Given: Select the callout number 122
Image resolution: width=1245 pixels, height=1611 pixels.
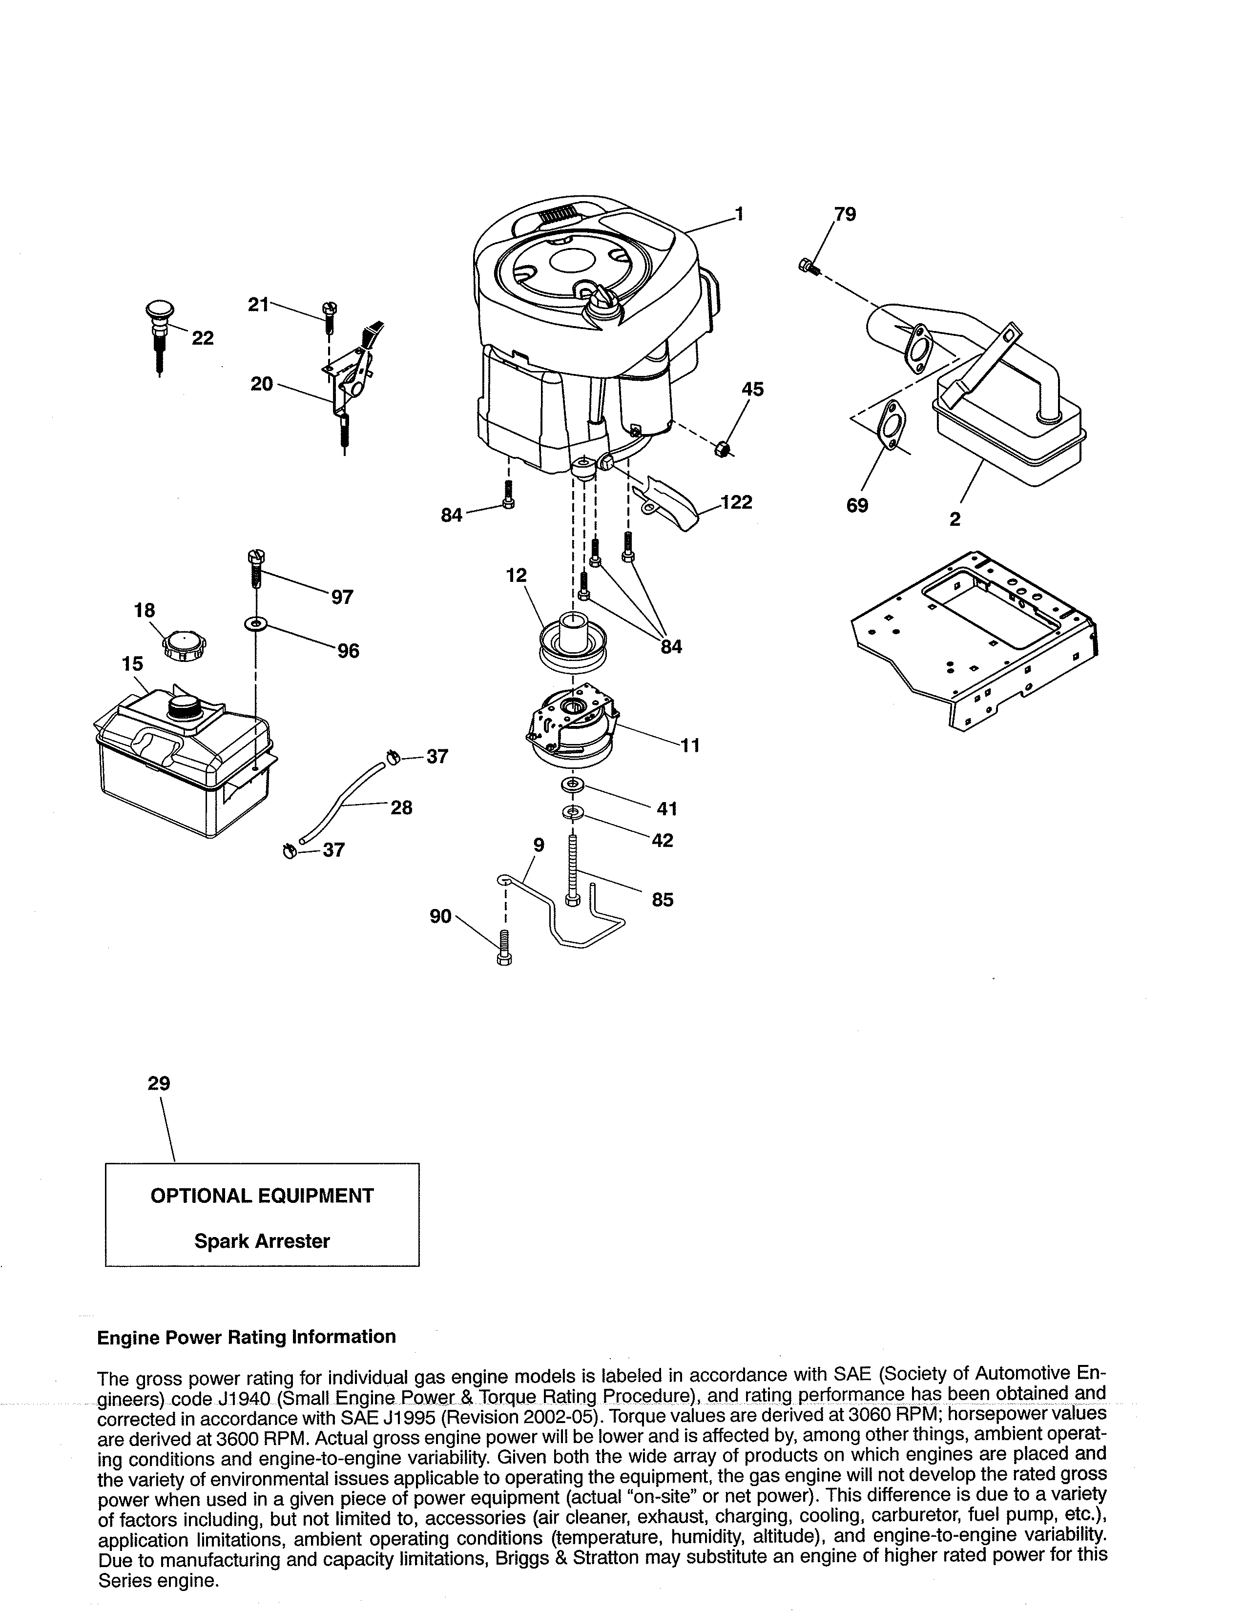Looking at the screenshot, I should coord(736,502).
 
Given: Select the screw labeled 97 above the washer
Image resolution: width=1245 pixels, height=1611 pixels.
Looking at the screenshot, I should coord(257,567).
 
